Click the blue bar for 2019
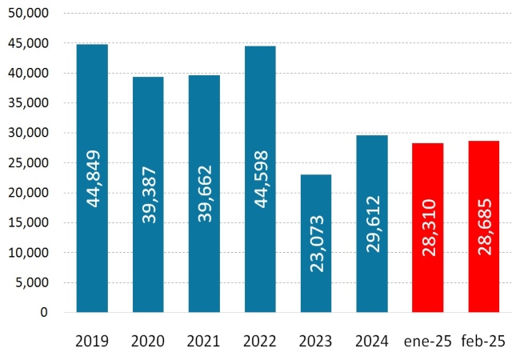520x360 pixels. tap(92, 104)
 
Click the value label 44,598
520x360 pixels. tap(261, 182)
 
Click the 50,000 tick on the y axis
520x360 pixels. tap(33, 14)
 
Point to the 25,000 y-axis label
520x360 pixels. tap(33, 163)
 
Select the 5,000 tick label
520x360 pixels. tap(36, 282)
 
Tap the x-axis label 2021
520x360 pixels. tap(204, 342)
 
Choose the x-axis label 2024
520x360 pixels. tap(372, 342)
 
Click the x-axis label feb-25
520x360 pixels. tap(484, 342)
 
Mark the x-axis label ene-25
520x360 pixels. tap(428, 342)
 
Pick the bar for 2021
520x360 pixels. tap(204, 120)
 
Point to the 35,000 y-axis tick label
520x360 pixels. tap(33, 103)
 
